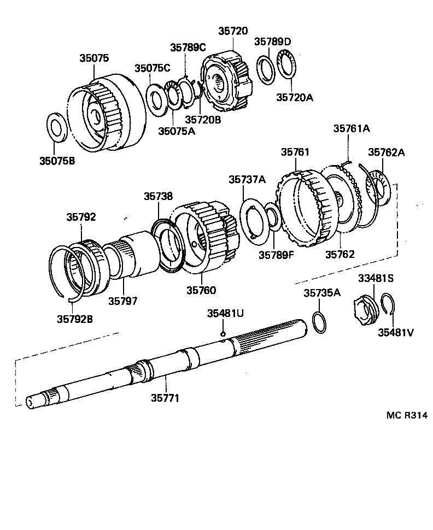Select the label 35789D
coord(273,42)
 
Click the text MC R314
coord(407,415)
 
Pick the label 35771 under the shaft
coord(165,398)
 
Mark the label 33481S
coord(376,278)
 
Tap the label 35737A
coord(247,179)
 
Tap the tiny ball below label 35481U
coord(223,334)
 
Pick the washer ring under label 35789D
coord(267,70)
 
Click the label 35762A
coord(386,152)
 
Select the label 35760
coord(201,290)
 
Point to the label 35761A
coord(352,129)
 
